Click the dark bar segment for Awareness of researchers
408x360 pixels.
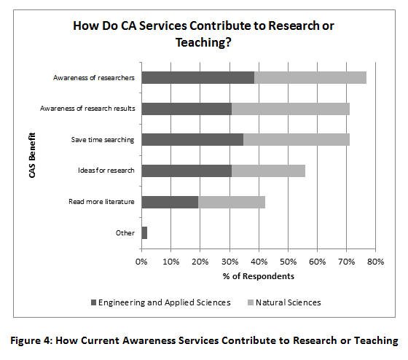(198, 77)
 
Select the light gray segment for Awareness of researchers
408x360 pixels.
(310, 77)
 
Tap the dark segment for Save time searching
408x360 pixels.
(192, 139)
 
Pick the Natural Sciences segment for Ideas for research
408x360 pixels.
(268, 171)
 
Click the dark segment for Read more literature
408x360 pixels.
(170, 202)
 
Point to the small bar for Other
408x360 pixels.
(144, 232)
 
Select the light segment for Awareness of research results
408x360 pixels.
(291, 109)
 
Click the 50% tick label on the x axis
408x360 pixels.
(288, 262)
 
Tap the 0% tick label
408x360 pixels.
(141, 262)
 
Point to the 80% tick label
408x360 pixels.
(375, 262)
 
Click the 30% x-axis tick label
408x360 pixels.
(229, 262)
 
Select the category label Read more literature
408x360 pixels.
(101, 202)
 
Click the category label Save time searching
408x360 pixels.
(103, 140)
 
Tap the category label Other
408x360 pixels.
(125, 232)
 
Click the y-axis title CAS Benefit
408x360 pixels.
(32, 155)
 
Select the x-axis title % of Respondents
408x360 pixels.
(259, 276)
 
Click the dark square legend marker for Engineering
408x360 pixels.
(94, 302)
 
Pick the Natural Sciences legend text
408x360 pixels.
(289, 302)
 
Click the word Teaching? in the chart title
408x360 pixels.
(203, 42)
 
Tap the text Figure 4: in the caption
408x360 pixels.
(31, 340)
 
